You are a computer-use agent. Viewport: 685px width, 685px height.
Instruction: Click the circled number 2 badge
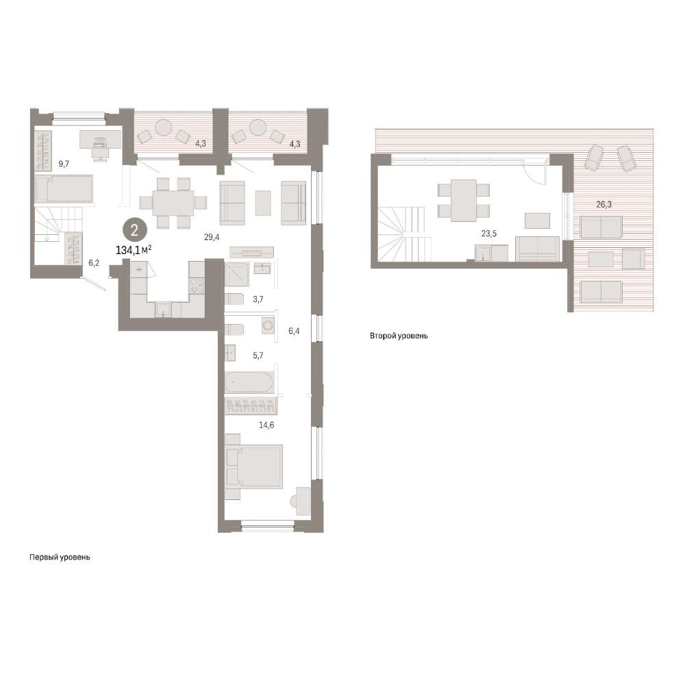click(x=134, y=229)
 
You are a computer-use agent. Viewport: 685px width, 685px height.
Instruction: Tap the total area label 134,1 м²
click(x=134, y=250)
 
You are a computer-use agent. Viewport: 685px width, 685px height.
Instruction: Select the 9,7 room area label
click(x=64, y=164)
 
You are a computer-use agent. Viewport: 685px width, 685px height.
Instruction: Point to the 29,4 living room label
click(x=212, y=237)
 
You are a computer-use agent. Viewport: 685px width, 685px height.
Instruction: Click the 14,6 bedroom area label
click(x=266, y=425)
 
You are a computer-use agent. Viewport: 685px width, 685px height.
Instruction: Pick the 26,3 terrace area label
click(x=604, y=204)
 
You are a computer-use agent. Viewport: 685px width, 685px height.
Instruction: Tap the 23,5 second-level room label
click(x=489, y=234)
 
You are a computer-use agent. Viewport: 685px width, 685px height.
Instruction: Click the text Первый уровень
click(x=60, y=558)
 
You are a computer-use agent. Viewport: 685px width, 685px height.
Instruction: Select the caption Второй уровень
click(x=399, y=336)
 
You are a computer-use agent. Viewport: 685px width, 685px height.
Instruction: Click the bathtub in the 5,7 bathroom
click(x=250, y=383)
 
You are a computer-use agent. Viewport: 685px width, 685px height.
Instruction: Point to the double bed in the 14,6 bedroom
click(x=255, y=466)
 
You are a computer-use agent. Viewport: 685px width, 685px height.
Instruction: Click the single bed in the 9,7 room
click(x=64, y=189)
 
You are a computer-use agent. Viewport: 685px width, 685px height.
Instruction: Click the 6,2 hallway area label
click(x=94, y=262)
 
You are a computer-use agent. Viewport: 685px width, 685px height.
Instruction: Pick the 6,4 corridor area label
click(x=294, y=331)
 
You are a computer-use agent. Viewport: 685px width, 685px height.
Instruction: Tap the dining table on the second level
click(x=464, y=201)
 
